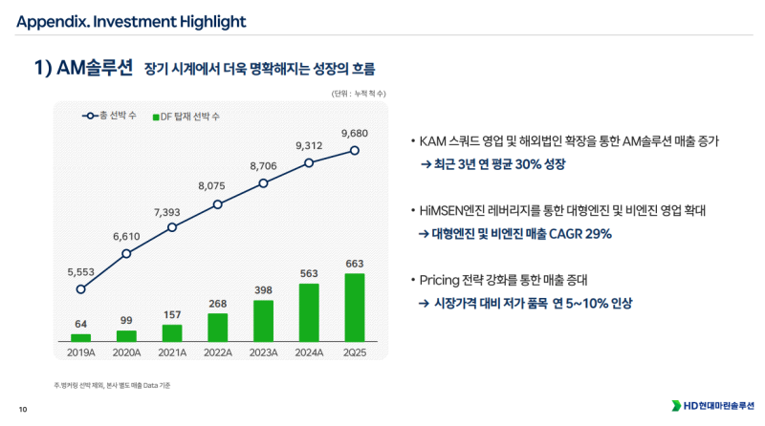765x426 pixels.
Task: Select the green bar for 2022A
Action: click(218, 327)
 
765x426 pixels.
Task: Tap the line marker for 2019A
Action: click(81, 288)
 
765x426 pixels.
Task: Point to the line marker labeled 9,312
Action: click(309, 162)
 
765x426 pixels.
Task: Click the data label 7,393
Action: click(172, 211)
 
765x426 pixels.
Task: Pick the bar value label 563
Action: click(309, 272)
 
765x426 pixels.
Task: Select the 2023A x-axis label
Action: click(263, 353)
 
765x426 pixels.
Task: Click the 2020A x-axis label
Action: click(126, 353)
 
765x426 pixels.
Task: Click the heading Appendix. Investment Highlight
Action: click(131, 22)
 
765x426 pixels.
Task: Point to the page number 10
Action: click(23, 409)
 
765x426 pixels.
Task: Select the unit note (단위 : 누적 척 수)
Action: click(359, 94)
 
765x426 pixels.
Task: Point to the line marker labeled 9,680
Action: click(355, 150)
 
